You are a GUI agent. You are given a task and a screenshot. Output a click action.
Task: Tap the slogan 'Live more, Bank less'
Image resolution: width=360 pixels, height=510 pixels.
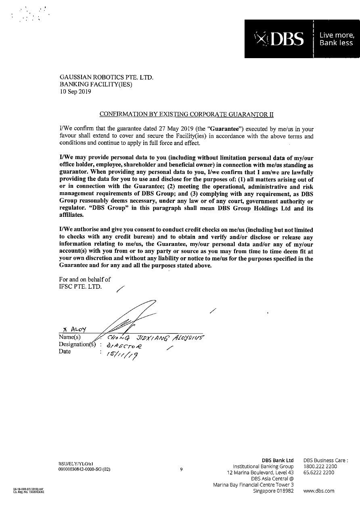point(336,39)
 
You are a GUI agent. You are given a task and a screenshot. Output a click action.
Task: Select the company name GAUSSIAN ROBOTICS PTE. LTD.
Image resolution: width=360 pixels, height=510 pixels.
point(107,77)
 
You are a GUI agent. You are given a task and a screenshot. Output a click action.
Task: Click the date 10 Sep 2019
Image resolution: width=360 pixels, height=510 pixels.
point(75,91)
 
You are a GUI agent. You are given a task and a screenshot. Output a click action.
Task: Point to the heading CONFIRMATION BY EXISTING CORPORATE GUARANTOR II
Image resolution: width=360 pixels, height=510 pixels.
point(186,114)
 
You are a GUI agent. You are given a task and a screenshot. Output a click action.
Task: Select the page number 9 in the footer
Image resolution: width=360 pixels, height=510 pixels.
point(182,469)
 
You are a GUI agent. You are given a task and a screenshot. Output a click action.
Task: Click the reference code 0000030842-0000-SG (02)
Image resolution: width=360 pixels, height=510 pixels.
point(84,469)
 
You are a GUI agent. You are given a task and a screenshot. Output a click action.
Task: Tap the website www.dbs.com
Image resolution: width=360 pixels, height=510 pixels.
point(319,491)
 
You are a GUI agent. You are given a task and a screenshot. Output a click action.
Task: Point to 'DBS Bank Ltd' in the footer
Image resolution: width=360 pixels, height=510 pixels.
point(278,460)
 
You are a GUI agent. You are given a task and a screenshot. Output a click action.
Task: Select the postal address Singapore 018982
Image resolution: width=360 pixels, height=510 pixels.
point(273,491)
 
